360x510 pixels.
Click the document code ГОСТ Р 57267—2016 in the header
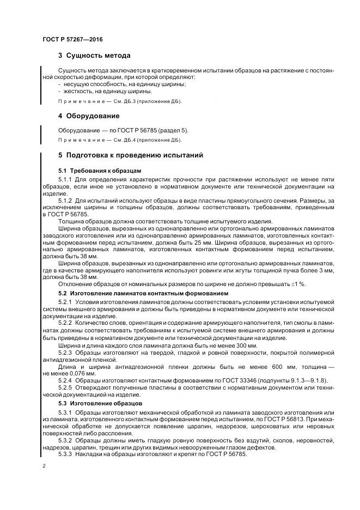pos(72,40)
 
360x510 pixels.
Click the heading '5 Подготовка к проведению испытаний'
pos(130,155)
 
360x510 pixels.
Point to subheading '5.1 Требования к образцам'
pos(92,171)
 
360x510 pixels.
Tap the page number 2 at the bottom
pos(44,466)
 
